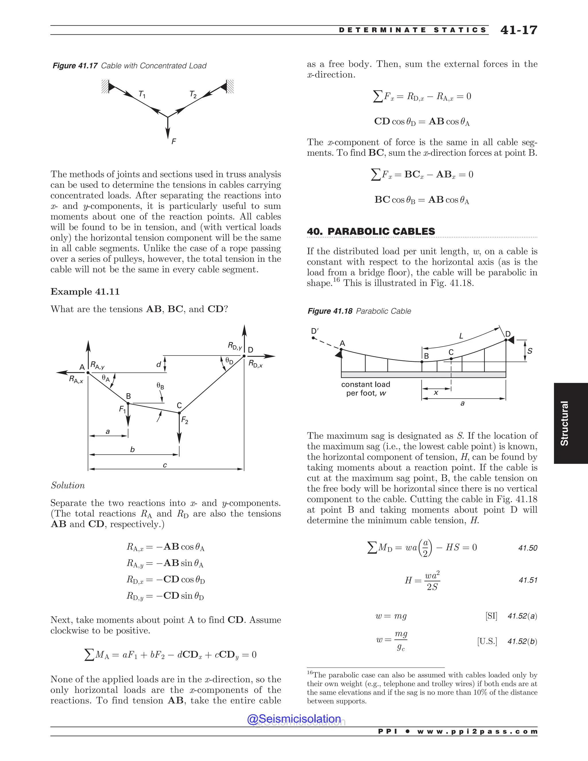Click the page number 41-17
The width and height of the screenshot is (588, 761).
(519, 30)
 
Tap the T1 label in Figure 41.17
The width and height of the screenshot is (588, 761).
(142, 94)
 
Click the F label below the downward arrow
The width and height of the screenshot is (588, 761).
(173, 142)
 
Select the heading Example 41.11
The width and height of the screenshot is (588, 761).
(85, 292)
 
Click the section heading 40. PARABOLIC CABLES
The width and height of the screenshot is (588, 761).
(371, 231)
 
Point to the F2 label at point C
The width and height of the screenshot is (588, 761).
(185, 421)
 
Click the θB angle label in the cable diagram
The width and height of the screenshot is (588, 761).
(160, 386)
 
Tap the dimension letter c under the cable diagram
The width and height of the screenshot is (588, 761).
(165, 465)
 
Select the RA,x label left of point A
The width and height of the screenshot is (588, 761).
(76, 380)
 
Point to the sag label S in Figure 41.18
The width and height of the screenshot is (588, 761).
(529, 351)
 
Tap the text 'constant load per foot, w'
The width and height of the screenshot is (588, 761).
(366, 389)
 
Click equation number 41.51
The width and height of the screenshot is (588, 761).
(528, 580)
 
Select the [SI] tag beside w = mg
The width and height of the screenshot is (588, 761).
(491, 616)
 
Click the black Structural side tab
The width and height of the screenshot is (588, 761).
(570, 423)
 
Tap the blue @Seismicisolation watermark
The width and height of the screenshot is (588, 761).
(294, 719)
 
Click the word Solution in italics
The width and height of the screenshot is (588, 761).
(68, 485)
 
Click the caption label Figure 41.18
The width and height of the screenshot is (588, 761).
(330, 311)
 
